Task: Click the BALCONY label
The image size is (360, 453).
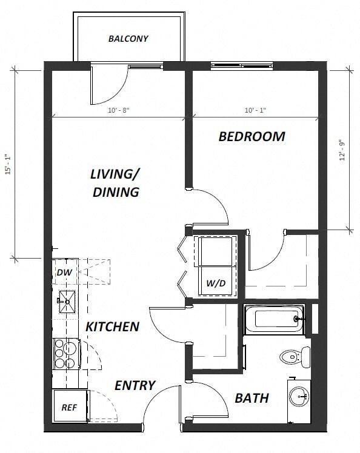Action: click(x=128, y=39)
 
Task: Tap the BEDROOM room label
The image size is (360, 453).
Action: click(x=252, y=136)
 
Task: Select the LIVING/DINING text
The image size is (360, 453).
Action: click(x=115, y=183)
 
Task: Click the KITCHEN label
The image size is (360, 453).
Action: click(x=112, y=326)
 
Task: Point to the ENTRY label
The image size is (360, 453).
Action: click(x=135, y=385)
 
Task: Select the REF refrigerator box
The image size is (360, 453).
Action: click(x=70, y=408)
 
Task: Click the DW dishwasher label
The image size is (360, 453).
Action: click(x=64, y=273)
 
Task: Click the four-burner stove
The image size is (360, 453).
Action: click(x=65, y=353)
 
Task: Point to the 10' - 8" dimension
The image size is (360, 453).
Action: click(x=118, y=110)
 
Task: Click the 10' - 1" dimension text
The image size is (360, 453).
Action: click(x=255, y=110)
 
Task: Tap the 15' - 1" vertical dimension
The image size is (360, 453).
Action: click(x=8, y=164)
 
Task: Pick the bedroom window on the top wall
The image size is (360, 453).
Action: click(x=237, y=65)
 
